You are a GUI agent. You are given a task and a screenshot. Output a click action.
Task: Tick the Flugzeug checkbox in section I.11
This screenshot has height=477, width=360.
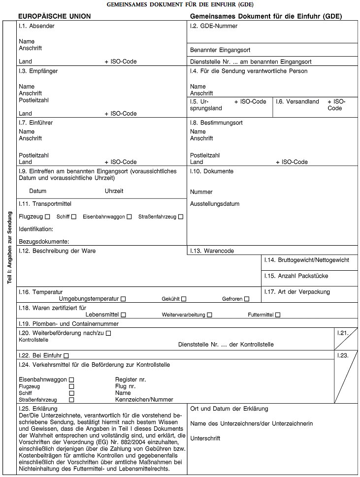[47, 217]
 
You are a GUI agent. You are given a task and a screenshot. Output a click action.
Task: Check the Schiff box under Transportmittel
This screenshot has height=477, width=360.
[73, 217]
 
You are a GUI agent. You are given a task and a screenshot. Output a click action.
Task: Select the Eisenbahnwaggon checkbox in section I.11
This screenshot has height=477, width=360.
[129, 217]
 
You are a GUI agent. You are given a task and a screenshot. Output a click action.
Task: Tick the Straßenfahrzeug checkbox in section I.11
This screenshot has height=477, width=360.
[181, 217]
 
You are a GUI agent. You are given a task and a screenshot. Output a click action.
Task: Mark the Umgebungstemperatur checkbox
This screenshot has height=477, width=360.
[123, 299]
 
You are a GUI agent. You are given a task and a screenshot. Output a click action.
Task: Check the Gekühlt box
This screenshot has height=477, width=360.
[184, 299]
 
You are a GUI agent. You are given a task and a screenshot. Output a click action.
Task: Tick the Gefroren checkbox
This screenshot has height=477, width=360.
[247, 299]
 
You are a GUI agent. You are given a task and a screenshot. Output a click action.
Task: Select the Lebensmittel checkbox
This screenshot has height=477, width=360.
[123, 315]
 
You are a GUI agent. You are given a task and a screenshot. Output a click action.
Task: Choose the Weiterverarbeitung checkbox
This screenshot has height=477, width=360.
[210, 315]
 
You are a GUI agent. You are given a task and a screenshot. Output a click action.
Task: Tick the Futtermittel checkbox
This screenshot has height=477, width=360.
[278, 315]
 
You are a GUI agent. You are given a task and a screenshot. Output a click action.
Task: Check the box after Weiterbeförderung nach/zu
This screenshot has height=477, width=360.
[108, 333]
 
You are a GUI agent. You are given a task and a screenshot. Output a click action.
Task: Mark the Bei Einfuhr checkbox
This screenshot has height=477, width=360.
[66, 355]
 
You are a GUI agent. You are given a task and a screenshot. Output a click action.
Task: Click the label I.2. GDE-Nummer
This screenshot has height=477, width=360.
[214, 26]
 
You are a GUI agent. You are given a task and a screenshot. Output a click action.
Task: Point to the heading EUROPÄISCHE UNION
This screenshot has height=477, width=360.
[54, 16]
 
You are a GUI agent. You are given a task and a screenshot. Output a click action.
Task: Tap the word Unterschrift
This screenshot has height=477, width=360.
[205, 438]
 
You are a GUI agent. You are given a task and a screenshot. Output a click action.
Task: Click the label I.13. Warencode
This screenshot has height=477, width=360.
[212, 251]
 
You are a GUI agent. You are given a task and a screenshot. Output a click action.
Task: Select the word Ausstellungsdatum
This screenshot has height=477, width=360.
[215, 204]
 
